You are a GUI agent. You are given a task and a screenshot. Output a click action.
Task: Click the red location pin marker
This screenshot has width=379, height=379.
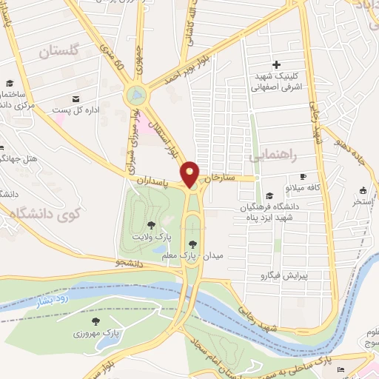(191, 173)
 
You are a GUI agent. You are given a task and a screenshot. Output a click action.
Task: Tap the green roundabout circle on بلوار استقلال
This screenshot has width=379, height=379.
(136, 94)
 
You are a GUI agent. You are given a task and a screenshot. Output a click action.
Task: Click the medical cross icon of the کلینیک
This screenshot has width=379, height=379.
(277, 64)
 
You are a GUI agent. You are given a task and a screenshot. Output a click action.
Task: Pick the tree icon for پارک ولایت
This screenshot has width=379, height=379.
(152, 224)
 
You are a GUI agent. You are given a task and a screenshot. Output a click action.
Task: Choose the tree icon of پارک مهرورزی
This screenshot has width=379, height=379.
(96, 321)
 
